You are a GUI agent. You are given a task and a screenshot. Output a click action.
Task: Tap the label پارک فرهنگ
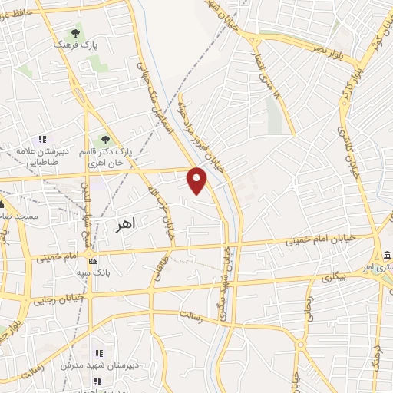click(75, 46)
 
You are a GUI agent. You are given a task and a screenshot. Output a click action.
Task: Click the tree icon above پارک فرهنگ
click(75, 33)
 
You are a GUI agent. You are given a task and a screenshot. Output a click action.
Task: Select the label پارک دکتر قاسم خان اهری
click(106, 157)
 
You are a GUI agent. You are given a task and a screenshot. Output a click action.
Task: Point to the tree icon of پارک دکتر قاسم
click(105, 140)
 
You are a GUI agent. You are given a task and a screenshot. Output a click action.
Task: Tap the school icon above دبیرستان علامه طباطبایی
click(43, 140)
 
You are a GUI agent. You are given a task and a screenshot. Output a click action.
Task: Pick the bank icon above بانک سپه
click(93, 261)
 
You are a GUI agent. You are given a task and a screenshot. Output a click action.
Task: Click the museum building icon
click(386, 255)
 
